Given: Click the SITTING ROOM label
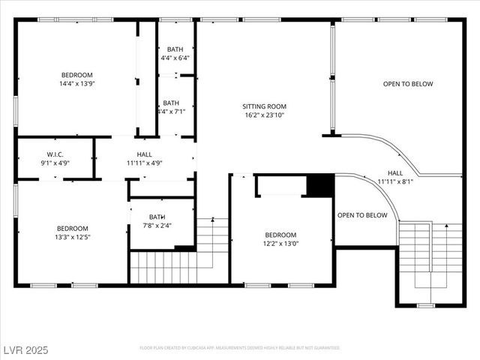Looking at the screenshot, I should click(264, 106).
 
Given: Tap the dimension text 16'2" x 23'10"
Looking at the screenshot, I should click(264, 115).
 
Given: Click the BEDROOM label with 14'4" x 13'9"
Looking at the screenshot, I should click(76, 75).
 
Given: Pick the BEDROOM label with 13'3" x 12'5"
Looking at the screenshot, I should click(72, 229).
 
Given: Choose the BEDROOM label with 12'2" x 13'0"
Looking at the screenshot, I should click(280, 234).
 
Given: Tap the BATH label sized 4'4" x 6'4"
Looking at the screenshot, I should click(175, 49).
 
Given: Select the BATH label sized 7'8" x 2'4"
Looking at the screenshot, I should click(157, 217).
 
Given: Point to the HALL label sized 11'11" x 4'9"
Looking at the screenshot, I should click(144, 154).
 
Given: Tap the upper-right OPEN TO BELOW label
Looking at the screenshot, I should click(408, 84).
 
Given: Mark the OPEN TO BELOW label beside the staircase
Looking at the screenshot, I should click(362, 215).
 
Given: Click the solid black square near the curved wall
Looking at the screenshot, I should click(321, 185).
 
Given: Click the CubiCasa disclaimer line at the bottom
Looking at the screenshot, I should click(240, 348).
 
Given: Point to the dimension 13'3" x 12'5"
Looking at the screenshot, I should click(72, 238).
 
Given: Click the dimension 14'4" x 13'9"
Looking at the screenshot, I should click(76, 84).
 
